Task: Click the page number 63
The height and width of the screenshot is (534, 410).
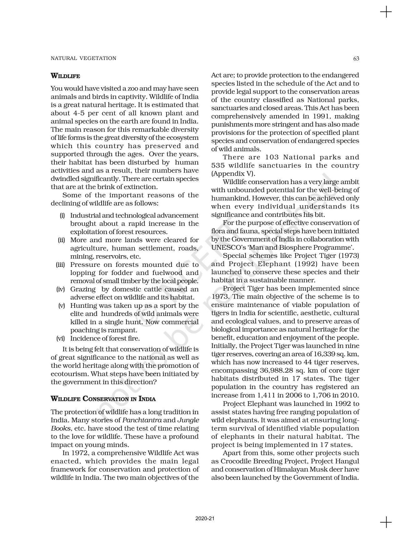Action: pos(356,58)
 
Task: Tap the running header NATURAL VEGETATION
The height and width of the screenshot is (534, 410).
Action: pos(83,58)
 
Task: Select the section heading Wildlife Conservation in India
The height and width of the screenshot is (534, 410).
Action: pos(103,399)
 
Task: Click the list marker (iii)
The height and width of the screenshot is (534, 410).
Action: pos(60,265)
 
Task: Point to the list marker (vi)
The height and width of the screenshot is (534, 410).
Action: pos(60,338)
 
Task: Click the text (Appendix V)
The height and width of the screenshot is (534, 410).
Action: pos(233,174)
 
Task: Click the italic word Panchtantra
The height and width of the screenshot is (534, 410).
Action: pos(142,420)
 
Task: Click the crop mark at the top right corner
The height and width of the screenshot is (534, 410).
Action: pos(386,12)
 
